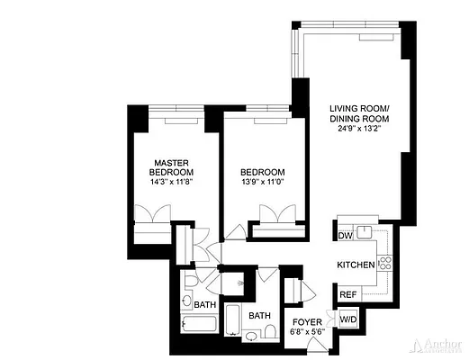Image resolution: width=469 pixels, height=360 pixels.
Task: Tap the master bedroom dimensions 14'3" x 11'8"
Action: (x=173, y=181)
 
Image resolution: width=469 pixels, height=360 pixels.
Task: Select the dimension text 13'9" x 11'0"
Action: (x=263, y=182)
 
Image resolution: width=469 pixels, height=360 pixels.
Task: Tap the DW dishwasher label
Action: (x=345, y=236)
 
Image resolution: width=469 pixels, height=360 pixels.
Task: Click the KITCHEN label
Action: (x=356, y=266)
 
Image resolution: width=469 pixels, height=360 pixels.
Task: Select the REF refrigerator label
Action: (x=346, y=294)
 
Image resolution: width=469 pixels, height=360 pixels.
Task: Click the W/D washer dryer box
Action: (x=347, y=319)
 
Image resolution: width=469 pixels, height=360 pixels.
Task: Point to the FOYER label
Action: (x=308, y=320)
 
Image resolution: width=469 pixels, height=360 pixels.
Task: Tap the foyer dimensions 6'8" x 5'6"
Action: (x=308, y=332)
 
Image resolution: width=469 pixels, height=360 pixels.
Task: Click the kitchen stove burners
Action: (x=385, y=264)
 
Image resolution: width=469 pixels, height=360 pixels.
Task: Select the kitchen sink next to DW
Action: (x=365, y=231)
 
